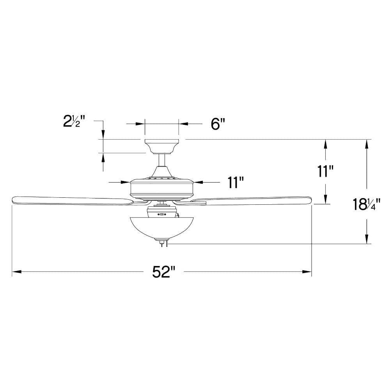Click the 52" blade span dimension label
click(x=164, y=271)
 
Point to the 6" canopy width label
click(x=218, y=124)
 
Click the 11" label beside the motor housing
click(x=235, y=182)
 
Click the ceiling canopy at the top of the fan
click(x=162, y=147)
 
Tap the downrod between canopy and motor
click(x=162, y=160)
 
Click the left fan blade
click(x=72, y=200)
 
